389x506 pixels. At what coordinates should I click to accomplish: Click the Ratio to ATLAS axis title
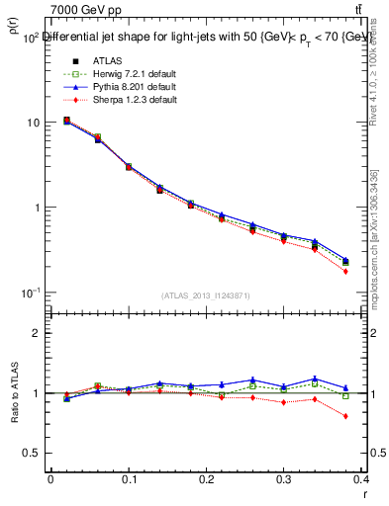pos(13,392)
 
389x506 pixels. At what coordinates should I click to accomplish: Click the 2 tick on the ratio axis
pos(38,333)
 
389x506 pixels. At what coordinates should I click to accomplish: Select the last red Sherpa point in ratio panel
pos(373,416)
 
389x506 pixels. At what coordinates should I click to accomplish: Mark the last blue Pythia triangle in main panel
pos(373,259)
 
